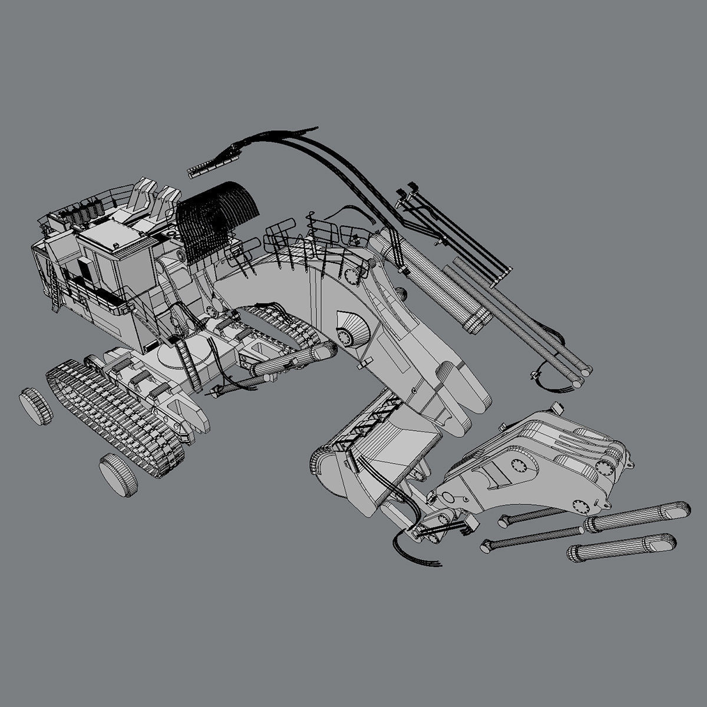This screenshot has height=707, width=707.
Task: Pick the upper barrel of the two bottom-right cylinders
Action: pyautogui.click(x=636, y=516)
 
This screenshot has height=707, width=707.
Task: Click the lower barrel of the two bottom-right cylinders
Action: pyautogui.click(x=622, y=547)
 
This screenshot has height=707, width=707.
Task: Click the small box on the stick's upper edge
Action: pyautogui.click(x=556, y=408)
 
